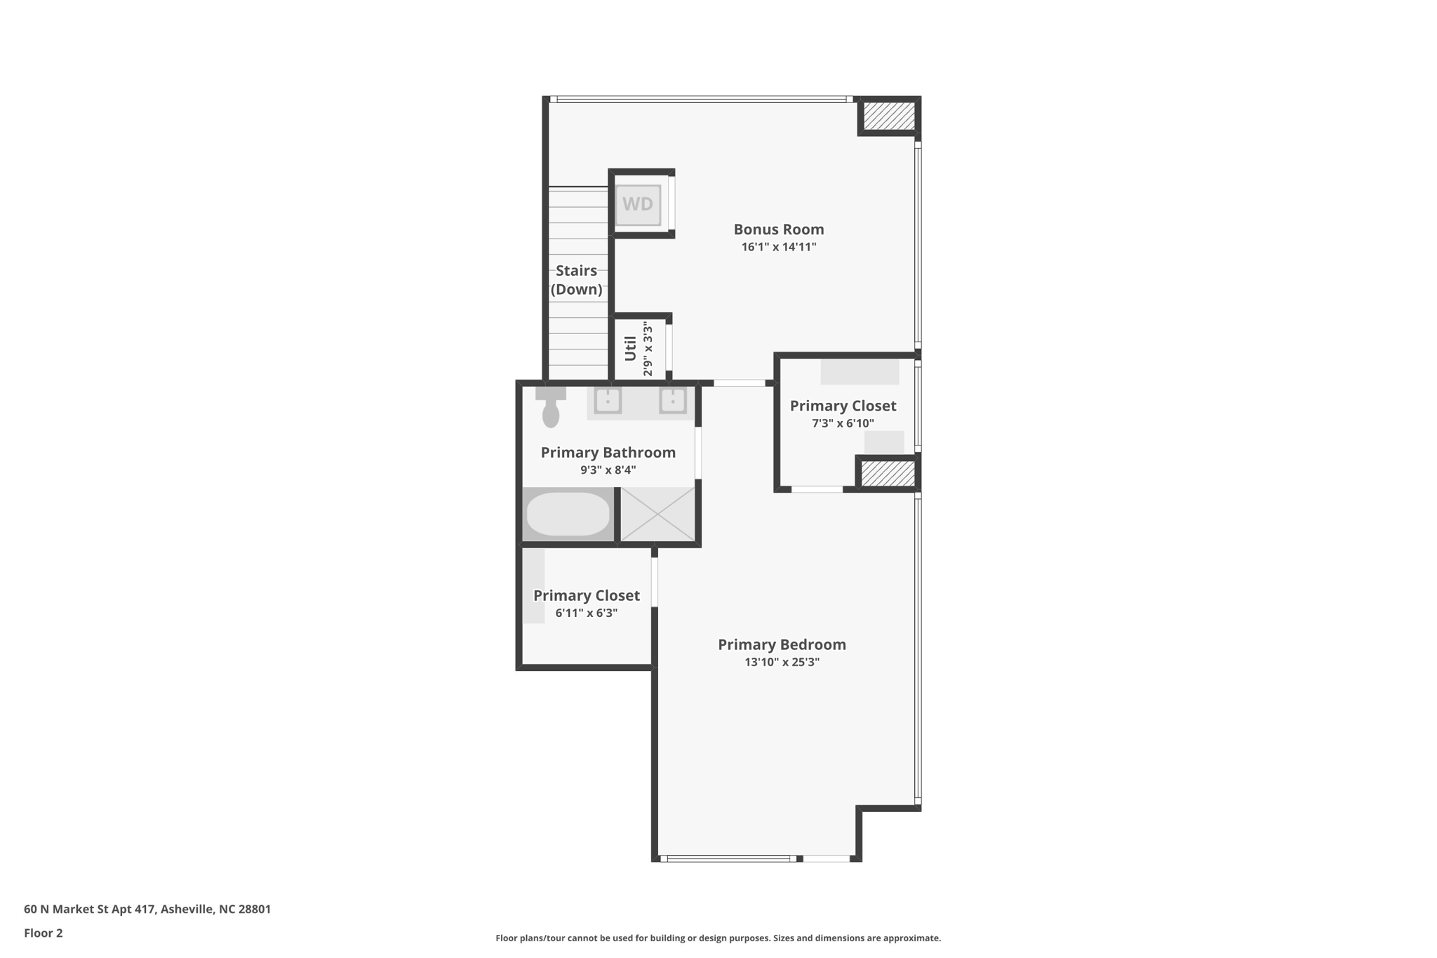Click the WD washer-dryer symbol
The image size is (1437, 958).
pos(638,204)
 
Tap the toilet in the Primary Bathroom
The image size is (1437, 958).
pos(551,408)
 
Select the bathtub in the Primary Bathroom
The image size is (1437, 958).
pos(568,514)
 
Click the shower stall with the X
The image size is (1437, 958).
pos(657,514)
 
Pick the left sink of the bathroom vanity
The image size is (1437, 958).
pos(608,401)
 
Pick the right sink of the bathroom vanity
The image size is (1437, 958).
pos(672,401)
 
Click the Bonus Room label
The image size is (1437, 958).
pos(778,229)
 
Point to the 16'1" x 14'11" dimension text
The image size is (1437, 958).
pos(778,247)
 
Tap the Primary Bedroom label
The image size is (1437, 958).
pos(782,644)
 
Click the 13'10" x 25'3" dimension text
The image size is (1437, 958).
pos(782,662)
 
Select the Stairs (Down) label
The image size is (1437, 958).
pos(576,280)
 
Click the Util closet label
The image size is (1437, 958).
pos(630,349)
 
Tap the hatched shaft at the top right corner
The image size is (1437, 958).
pos(889,116)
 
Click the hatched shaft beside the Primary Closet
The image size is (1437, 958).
pos(888,473)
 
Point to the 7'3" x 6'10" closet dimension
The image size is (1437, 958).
pos(843,423)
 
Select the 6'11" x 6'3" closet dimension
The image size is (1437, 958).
pos(586,613)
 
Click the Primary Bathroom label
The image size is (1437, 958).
pos(608,453)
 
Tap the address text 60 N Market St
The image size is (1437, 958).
pos(147,909)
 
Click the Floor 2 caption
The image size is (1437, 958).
pos(44,933)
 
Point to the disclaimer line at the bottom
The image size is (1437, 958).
pos(718,938)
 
